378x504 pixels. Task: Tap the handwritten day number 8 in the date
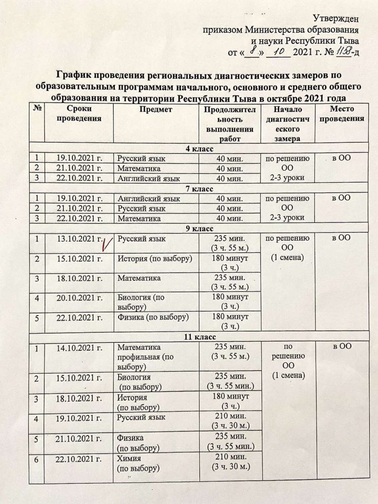[x=252, y=51]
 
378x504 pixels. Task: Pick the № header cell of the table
[x=36, y=110]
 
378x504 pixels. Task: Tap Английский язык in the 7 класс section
[x=149, y=199]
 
